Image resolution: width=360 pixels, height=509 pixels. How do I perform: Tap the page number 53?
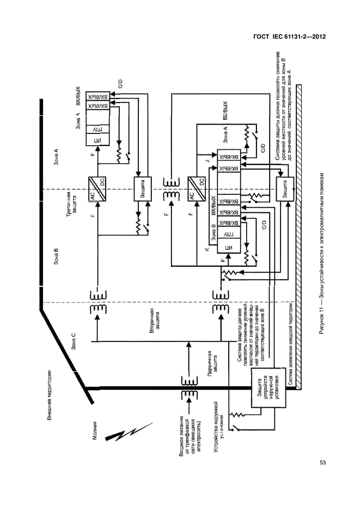coord(322,463)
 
